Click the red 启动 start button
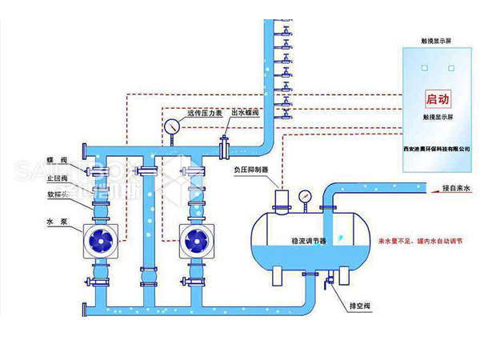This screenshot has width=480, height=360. click(438, 100)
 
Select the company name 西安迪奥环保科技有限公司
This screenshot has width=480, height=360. click(437, 149)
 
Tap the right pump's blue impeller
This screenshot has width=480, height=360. click(194, 239)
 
